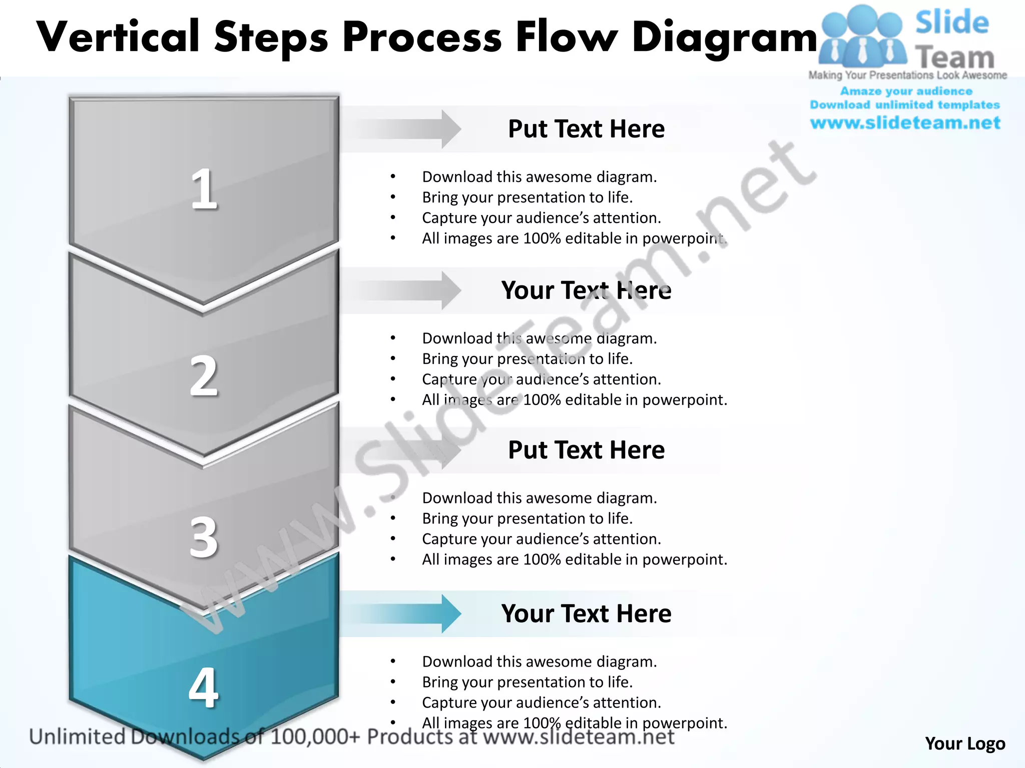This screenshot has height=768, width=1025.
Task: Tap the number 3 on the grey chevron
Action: pos(204,537)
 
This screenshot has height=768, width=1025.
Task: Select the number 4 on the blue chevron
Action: pos(204,688)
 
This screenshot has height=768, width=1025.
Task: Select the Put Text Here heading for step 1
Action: pos(586,129)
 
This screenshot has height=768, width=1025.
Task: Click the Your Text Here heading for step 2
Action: pos(586,290)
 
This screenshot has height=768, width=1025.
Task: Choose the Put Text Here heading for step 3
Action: pos(586,450)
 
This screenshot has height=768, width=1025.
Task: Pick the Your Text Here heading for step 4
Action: pos(586,613)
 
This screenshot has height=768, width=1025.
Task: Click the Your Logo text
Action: pos(964,743)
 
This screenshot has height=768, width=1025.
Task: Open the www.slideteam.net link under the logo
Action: pos(905,123)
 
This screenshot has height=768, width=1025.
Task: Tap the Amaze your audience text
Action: pos(906,91)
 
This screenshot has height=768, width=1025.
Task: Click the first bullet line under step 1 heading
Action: pos(539,177)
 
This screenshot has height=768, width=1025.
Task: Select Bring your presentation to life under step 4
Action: pos(527,682)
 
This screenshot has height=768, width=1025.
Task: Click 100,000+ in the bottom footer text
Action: pos(315,737)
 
